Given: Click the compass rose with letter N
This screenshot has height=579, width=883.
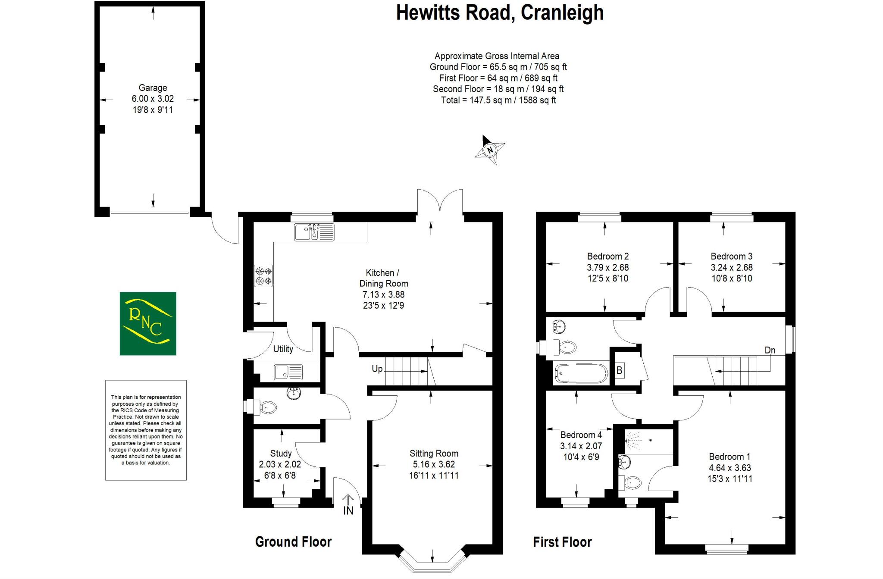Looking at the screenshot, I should [x=490, y=150].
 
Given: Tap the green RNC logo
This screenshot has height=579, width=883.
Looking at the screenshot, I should [x=148, y=323].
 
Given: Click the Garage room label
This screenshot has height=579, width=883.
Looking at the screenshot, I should [x=153, y=88].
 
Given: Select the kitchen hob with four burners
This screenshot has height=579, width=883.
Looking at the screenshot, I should [x=263, y=276].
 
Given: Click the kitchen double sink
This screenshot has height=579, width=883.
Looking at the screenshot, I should [x=314, y=232].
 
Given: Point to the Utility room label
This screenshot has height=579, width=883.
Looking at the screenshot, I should [x=283, y=349].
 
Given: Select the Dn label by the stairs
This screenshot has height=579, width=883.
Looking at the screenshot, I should [x=770, y=350].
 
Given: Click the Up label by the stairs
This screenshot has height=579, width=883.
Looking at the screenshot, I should [x=377, y=369].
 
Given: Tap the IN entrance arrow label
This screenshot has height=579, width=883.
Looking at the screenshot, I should [x=348, y=510].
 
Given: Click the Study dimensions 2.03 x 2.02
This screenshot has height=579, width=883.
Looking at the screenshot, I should [x=280, y=464].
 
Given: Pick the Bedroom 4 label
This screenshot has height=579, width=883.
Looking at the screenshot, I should [x=581, y=435].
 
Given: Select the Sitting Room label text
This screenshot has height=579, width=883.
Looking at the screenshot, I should [x=434, y=454].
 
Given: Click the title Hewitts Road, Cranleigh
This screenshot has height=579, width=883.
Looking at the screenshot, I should [x=499, y=13].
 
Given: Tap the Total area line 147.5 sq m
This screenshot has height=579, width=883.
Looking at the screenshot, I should [x=498, y=100].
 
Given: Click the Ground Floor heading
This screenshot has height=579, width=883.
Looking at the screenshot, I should [x=293, y=542].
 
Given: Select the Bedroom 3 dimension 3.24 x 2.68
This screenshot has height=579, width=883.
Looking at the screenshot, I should [x=731, y=267].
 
